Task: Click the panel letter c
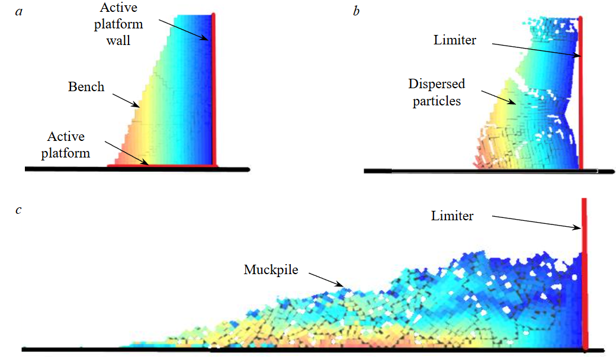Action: click(20, 210)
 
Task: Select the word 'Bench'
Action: click(86, 87)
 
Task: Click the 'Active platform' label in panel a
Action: click(66, 144)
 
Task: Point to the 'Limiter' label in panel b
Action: click(454, 40)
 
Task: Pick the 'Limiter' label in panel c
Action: click(452, 216)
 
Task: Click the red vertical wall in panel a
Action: click(213, 89)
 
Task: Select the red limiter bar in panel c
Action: click(584, 272)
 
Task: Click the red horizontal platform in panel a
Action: click(160, 166)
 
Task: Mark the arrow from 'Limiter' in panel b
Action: click(537, 50)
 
